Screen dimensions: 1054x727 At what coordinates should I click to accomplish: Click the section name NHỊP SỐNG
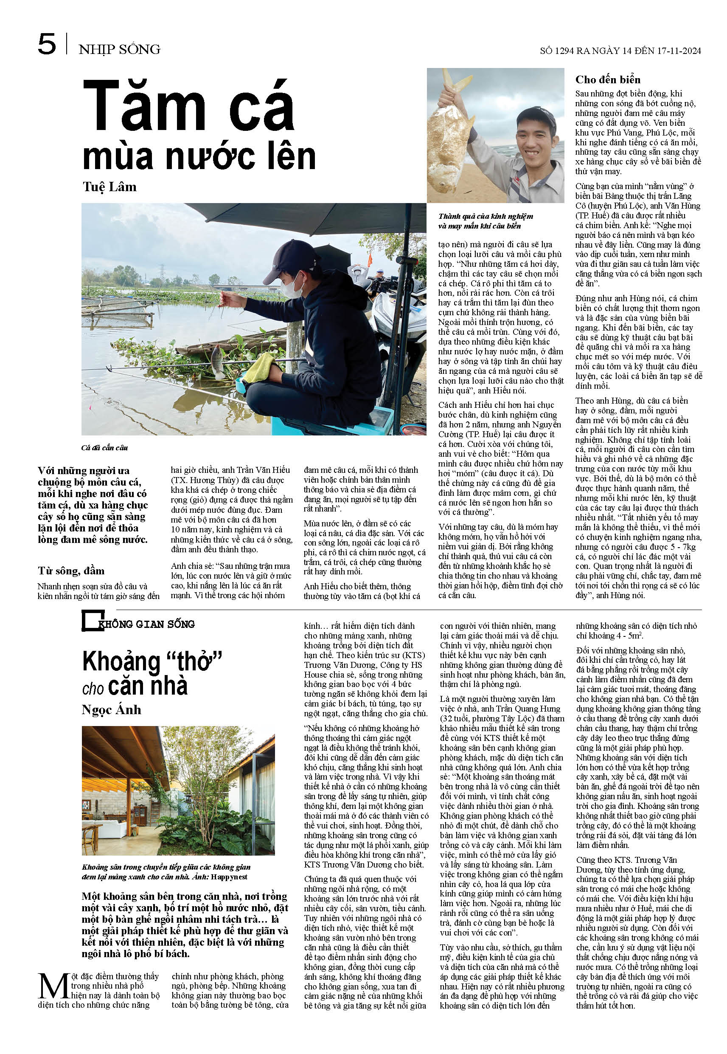point(119,49)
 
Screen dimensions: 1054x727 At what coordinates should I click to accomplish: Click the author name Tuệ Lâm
point(109,187)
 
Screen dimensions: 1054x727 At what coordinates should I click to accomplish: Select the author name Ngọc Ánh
point(111,710)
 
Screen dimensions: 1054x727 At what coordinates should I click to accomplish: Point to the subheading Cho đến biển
point(608,80)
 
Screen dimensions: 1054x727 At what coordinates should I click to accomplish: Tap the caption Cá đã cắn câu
point(104,448)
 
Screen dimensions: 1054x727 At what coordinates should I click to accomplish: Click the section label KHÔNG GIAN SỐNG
point(147,624)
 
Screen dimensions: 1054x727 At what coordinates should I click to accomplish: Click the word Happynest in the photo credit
point(229,877)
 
